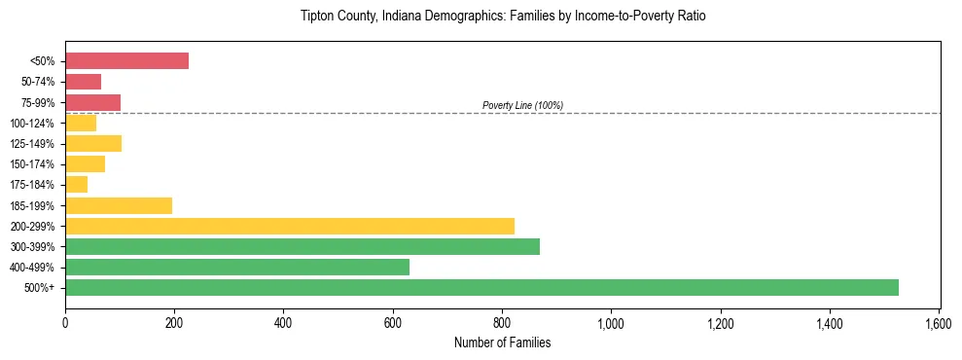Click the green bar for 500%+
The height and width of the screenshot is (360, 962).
coord(481,287)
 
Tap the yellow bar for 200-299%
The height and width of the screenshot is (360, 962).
coord(290,226)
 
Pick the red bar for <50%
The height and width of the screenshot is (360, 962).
coord(126,60)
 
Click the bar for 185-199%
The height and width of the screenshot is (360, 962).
coord(119,205)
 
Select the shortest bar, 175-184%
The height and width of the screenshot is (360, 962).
coord(77,184)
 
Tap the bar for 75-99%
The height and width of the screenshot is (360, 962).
coord(92,102)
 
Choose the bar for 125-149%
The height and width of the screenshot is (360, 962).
coord(93,143)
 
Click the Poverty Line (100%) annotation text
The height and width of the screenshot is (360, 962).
coord(522,105)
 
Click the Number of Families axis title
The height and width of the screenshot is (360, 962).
coord(502,342)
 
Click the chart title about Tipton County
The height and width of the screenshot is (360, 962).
coord(502,18)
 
